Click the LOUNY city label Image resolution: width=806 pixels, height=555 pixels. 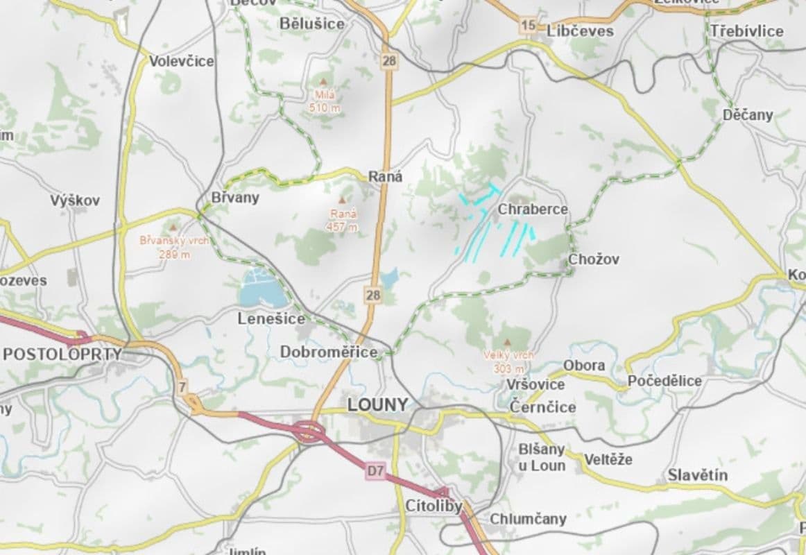coord(377,405)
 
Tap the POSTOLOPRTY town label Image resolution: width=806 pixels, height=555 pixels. coord(62,354)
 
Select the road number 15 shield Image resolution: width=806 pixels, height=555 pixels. coord(529,26)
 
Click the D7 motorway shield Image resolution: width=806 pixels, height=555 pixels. coord(375,472)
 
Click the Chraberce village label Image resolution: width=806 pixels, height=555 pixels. coord(533,209)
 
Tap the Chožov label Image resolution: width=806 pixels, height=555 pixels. coord(593,259)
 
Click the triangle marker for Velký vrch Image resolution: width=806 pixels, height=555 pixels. coord(508,342)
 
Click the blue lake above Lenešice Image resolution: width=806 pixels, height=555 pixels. coord(262,291)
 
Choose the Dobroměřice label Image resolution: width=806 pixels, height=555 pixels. coord(329,352)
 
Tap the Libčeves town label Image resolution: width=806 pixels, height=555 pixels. coord(580,31)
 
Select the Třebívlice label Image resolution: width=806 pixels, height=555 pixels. coord(746,31)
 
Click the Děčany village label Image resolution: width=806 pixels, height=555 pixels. coord(748,114)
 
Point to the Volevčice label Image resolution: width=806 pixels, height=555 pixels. coord(182,61)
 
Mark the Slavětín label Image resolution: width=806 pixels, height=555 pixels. coord(698,475)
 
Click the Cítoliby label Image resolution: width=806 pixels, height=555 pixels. coord(434,506)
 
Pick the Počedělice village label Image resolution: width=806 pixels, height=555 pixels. coord(664,381)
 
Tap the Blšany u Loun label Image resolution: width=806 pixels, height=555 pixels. coord(542,457)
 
